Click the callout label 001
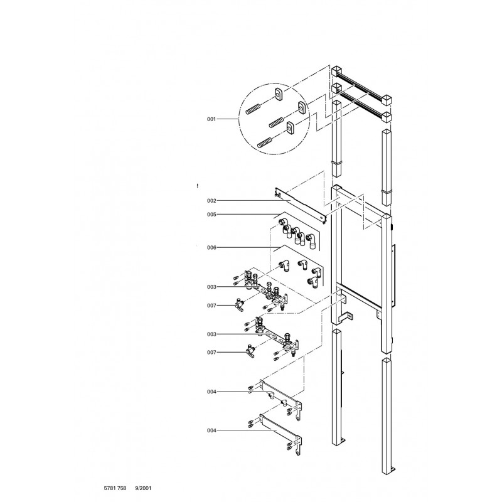[211, 119]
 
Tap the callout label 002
[211, 201]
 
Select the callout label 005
[211, 215]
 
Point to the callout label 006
[211, 247]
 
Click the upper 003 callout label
[211, 287]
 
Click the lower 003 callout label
[211, 334]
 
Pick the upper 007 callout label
[211, 306]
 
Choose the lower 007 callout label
[211, 353]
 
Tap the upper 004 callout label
[211, 392]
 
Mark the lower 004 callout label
[211, 430]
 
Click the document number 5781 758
[115, 488]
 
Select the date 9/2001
[144, 488]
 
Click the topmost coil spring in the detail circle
[253, 109]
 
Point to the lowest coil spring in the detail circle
[265, 142]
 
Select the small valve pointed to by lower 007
[250, 351]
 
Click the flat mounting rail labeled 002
[301, 206]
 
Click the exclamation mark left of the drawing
[198, 186]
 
